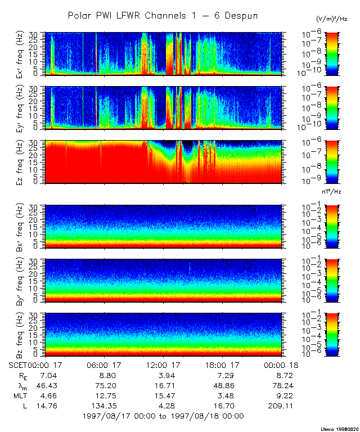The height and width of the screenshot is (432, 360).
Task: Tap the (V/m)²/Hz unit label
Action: coord(332,19)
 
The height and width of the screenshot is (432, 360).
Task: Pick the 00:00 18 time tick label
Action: coord(280,364)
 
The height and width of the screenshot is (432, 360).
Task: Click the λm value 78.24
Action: coord(281,385)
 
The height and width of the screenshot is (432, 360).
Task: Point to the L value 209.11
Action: coord(281,406)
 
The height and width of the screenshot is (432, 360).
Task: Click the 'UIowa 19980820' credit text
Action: coord(339,428)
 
